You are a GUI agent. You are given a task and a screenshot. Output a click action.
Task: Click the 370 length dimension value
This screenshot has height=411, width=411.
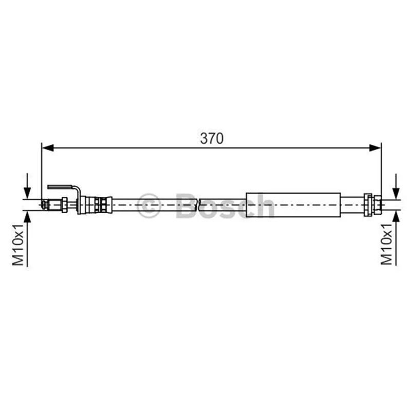[212, 138]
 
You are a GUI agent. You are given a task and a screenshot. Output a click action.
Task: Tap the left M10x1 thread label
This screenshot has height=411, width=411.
[18, 245]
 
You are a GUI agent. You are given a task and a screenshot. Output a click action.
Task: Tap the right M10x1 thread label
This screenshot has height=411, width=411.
[386, 244]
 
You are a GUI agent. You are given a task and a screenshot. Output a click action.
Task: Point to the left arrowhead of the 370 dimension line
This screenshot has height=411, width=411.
[48, 148]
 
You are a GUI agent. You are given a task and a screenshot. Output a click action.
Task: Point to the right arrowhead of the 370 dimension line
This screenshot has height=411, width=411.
[375, 148]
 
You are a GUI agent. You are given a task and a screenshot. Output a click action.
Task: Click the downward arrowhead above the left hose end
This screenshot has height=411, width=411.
[27, 193]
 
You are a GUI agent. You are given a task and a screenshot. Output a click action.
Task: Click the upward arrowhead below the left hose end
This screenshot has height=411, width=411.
[27, 216]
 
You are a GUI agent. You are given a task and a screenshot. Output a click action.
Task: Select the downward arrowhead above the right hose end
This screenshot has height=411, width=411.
[396, 193]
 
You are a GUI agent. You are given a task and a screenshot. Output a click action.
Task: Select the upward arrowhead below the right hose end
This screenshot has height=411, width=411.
[396, 216]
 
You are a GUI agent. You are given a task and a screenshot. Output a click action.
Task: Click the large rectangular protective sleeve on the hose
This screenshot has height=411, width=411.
[293, 205]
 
